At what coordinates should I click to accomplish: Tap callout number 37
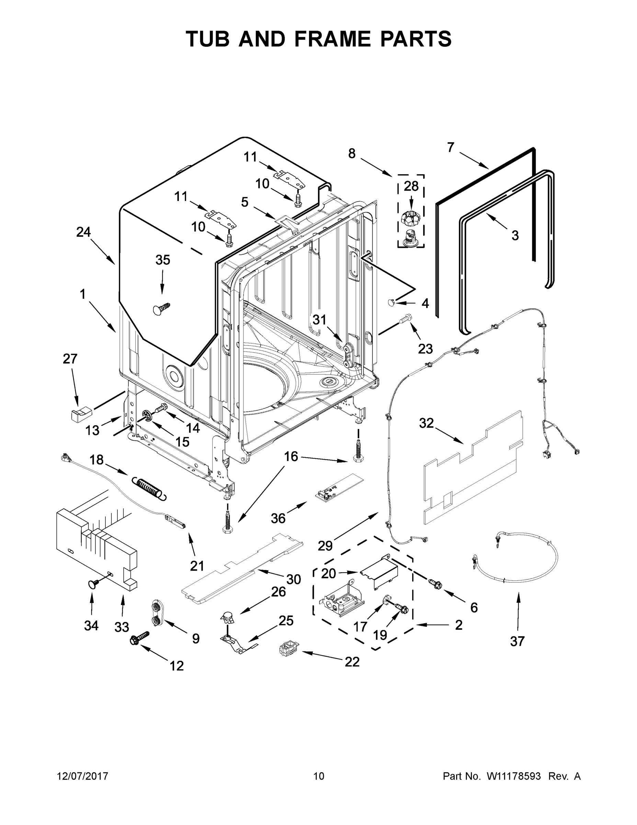(x=517, y=641)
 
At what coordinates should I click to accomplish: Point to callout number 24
(x=83, y=232)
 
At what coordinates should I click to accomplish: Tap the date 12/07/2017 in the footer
(x=83, y=776)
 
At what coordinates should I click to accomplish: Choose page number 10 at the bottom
(x=319, y=776)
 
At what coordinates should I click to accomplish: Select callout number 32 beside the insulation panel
(x=426, y=423)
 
